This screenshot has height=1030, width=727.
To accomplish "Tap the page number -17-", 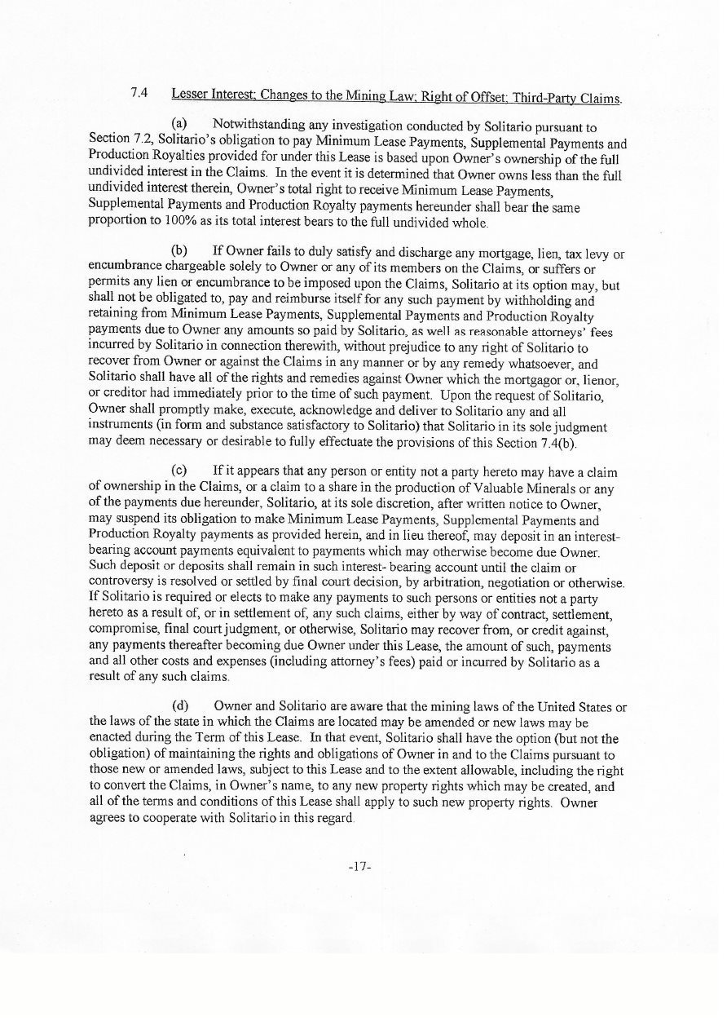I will coord(359,864).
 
